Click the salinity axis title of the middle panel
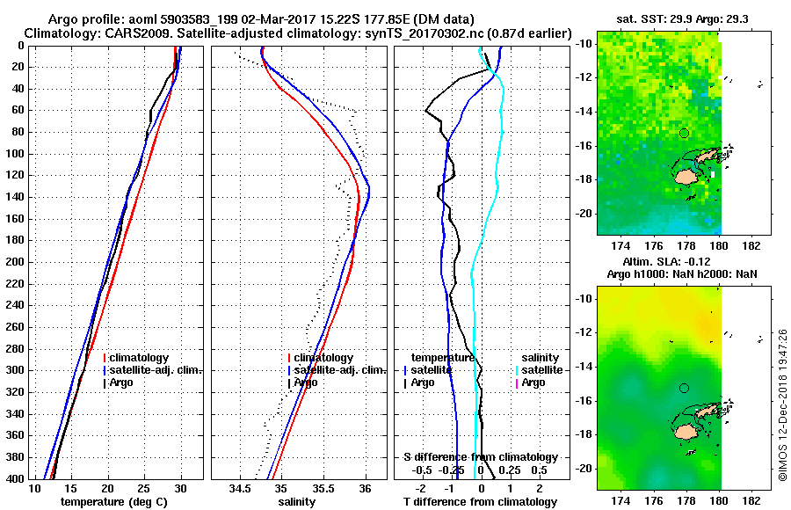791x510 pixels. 298,501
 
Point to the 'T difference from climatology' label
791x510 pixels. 481,501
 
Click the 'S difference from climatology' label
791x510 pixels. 481,457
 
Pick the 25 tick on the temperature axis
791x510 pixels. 144,486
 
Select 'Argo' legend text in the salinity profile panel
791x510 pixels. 305,382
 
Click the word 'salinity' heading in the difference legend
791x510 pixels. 541,358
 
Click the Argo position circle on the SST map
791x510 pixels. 684,133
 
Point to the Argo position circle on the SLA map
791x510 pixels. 684,388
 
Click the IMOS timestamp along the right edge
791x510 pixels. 781,404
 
